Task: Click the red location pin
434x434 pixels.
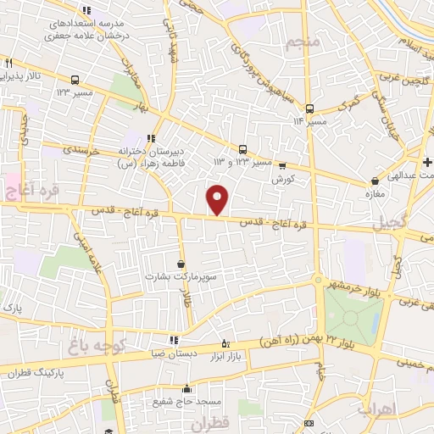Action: [x=218, y=199]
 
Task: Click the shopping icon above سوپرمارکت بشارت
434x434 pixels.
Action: [x=180, y=264]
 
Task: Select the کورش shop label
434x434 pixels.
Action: [x=281, y=181]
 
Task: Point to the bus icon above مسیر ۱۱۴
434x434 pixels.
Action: [x=309, y=108]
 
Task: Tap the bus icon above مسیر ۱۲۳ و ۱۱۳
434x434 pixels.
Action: [x=243, y=149]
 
